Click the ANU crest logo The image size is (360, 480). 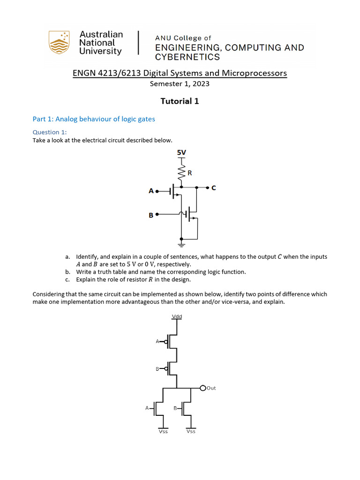(59, 42)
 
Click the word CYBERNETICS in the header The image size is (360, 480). (187, 57)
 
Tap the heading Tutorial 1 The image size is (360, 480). (180, 101)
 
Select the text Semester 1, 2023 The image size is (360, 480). (180, 84)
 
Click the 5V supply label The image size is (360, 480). (181, 152)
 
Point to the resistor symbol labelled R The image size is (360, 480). (181, 173)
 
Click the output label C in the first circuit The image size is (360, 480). (214, 188)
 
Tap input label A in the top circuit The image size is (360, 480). (151, 191)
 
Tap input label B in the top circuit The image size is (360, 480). (151, 215)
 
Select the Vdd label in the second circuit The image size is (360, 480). (177, 316)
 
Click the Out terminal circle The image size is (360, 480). (203, 388)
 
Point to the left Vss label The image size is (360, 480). (163, 431)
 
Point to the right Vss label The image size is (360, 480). (191, 431)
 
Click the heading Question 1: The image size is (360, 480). (50, 132)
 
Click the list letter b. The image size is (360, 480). (67, 272)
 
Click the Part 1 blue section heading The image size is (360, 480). (94, 119)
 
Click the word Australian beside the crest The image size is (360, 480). (101, 34)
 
